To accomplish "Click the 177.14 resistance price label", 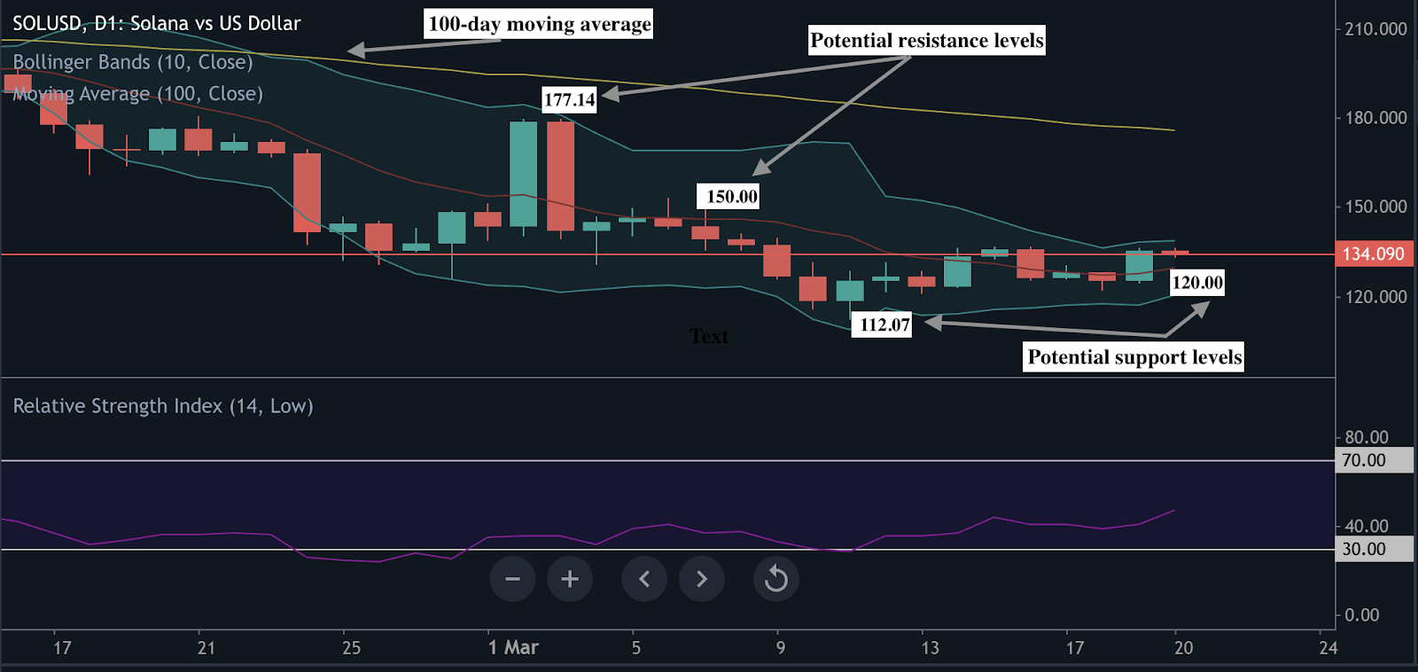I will (x=569, y=99).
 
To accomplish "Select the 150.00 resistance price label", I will (x=731, y=197).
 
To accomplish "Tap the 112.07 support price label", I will (x=884, y=324).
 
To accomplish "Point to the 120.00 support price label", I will (x=1197, y=283).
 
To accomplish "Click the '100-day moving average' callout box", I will (x=539, y=24).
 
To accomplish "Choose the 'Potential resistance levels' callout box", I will (x=927, y=41).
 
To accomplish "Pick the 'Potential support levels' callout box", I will (x=1134, y=357).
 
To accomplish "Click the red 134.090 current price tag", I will (x=1373, y=254).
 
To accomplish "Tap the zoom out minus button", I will (x=512, y=579).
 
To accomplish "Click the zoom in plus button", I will (x=570, y=579).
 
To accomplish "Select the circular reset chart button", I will (x=776, y=579).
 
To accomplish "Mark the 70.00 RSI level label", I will (x=1364, y=460).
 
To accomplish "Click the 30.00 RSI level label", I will (x=1364, y=549).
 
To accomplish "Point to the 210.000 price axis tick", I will (x=1375, y=29).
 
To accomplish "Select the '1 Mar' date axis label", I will (x=513, y=647).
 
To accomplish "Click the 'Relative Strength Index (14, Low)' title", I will (x=163, y=406).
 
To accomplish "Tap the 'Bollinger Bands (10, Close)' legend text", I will (x=133, y=62).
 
